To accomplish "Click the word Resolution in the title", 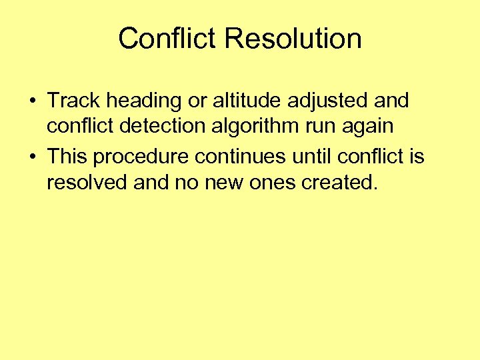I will pos(293,39).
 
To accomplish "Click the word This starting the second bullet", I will pos(67,157).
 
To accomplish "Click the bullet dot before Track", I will pos(32,102).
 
